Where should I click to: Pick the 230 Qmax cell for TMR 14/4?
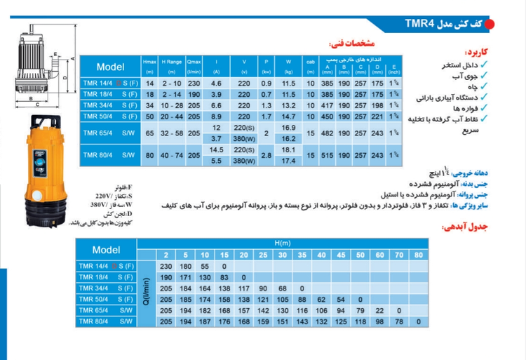[x=194, y=82]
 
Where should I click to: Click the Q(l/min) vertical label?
[x=146, y=293]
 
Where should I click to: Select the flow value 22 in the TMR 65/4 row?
[x=399, y=309]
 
